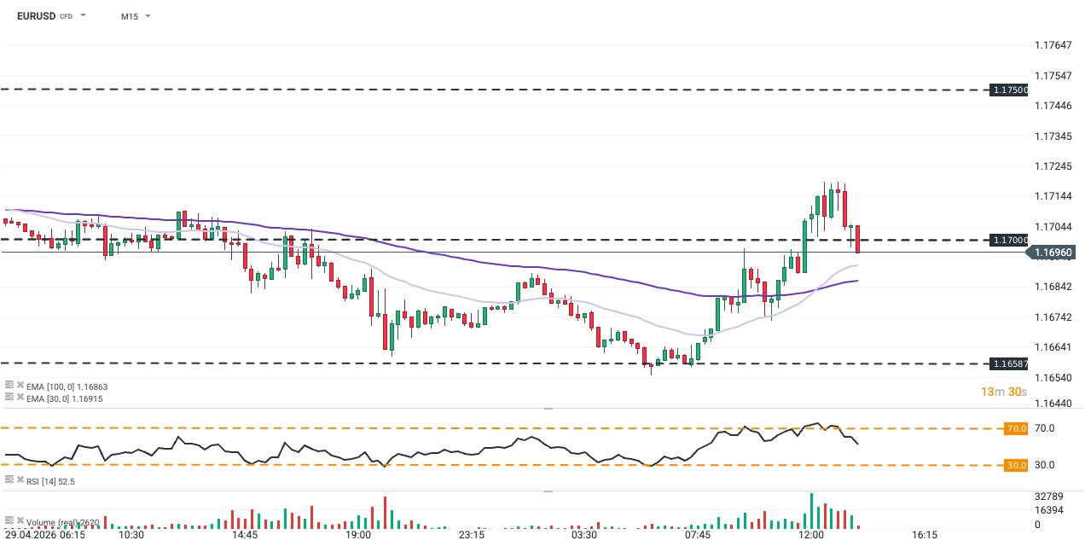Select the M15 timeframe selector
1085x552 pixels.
click(x=130, y=16)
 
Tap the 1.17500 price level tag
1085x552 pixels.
click(x=1009, y=90)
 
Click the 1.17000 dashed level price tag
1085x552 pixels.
click(x=1009, y=241)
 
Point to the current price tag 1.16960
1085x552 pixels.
click(x=1053, y=253)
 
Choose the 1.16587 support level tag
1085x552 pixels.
click(x=1009, y=364)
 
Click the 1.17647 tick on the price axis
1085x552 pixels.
click(x=1053, y=45)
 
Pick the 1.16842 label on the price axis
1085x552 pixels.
click(x=1053, y=287)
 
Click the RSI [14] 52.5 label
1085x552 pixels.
click(x=50, y=482)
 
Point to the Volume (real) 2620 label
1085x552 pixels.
click(x=65, y=522)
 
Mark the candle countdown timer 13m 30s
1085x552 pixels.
click(x=1002, y=392)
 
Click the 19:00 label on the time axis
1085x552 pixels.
click(x=358, y=536)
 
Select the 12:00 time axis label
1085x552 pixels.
click(x=811, y=536)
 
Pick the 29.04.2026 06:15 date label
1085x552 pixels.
click(x=44, y=536)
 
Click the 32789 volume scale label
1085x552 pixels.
click(x=1048, y=496)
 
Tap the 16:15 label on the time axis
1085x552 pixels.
click(x=925, y=536)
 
